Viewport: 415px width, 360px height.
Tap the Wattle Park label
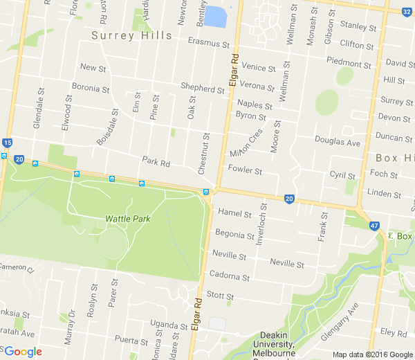pos(127,219)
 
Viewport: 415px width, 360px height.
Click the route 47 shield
pos(374,226)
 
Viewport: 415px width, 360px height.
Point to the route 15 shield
pos(7,143)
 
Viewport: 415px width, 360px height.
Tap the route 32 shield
pos(407,11)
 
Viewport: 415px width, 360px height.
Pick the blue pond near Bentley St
pos(216,16)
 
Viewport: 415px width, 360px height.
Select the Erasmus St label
pos(208,43)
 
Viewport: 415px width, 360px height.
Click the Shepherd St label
pos(202,87)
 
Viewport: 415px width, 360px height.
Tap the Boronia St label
pos(91,89)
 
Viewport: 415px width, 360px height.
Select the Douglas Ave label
pos(338,143)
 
